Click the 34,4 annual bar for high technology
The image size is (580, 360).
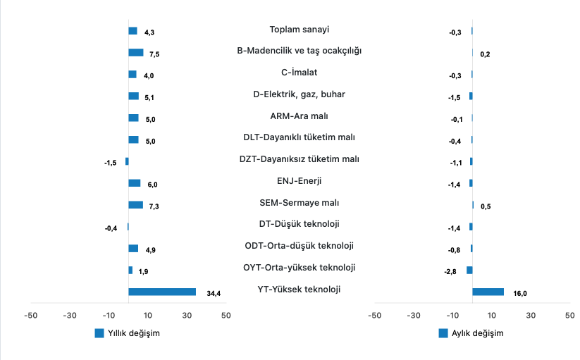tap(162, 292)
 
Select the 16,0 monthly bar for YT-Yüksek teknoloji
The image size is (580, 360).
tap(488, 292)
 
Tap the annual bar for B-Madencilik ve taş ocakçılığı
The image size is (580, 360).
tap(136, 52)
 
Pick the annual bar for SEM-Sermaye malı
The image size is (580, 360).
tap(135, 205)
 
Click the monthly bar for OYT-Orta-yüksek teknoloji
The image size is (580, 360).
tap(469, 270)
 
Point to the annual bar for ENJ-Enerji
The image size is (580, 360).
tap(134, 183)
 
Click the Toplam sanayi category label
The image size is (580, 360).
tap(300, 30)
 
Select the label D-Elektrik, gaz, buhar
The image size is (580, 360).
tap(300, 94)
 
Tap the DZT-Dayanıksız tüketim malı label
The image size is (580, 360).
tap(300, 159)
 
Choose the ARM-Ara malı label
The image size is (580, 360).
tap(300, 116)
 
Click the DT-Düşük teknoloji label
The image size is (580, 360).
tap(300, 224)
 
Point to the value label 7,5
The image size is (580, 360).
tap(154, 54)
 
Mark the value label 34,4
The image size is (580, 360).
tap(214, 294)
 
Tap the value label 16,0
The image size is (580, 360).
tap(521, 294)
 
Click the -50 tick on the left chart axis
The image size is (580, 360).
tap(30, 315)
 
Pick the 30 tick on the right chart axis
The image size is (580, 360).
tap(531, 315)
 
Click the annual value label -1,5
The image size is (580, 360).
tap(110, 163)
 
